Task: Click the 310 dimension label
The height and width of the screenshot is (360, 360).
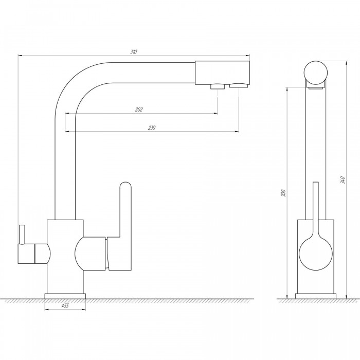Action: (134, 52)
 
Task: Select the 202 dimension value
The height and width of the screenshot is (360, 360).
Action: (139, 110)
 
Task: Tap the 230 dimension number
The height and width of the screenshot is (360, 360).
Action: (152, 128)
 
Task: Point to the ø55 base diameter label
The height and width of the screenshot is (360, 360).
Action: (65, 305)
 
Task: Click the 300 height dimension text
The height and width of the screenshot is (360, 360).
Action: (284, 193)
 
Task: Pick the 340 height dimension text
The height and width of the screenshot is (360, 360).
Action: (343, 180)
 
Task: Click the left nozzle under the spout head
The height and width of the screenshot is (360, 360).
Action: (218, 86)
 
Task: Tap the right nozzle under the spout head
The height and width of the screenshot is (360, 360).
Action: (239, 86)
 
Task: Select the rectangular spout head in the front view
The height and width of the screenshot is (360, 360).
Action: (222, 73)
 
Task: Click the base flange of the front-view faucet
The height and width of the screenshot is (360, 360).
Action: (65, 296)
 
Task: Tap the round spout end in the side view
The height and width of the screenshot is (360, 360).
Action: (316, 73)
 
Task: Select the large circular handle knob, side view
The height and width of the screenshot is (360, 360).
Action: (316, 254)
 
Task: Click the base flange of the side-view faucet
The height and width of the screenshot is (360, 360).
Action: (316, 296)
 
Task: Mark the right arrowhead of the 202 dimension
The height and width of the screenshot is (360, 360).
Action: (215, 113)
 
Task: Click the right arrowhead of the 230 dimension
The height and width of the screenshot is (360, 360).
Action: (237, 132)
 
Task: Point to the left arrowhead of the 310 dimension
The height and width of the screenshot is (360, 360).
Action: (20, 56)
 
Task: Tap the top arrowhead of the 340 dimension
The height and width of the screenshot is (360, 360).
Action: (347, 63)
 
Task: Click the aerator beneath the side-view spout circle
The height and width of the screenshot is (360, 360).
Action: (316, 88)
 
